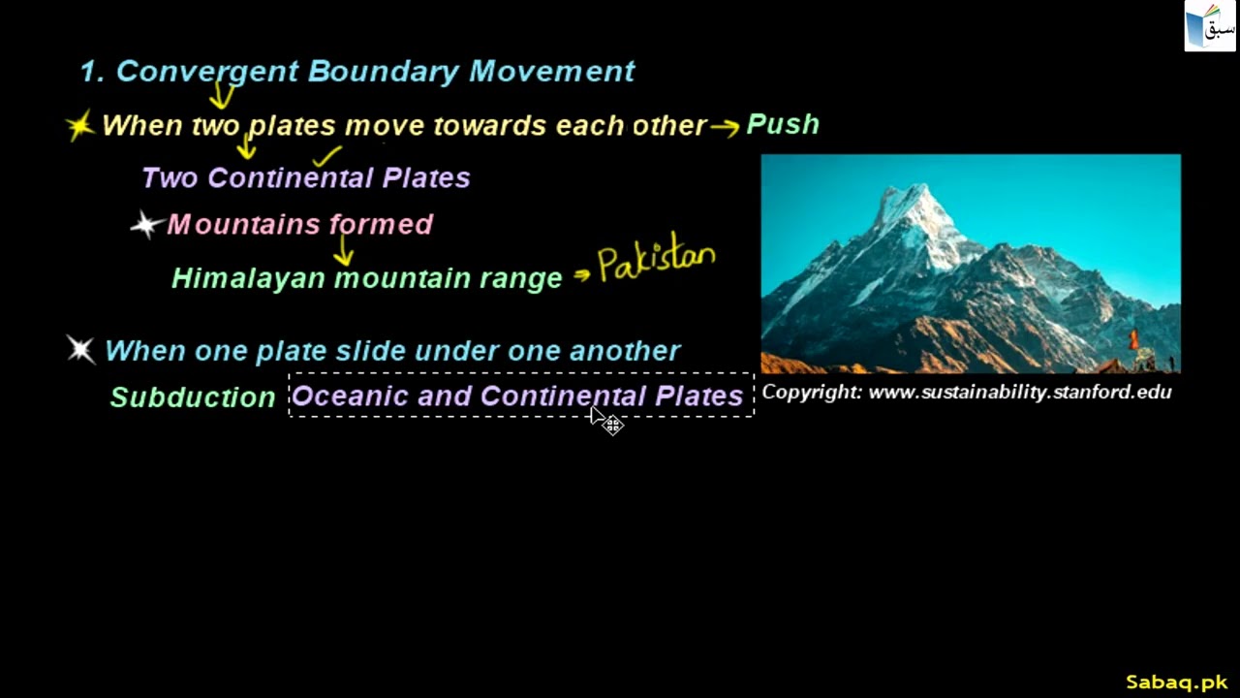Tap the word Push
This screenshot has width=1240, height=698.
[783, 124]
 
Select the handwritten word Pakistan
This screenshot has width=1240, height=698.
[657, 261]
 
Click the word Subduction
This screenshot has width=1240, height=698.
[193, 397]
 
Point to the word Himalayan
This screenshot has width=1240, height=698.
[249, 278]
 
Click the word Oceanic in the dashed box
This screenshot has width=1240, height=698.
[350, 397]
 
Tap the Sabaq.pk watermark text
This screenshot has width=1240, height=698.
[1176, 682]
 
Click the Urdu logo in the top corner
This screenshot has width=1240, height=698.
[1210, 26]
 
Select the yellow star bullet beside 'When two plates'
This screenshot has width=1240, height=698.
[80, 125]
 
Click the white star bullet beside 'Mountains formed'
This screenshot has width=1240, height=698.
[145, 226]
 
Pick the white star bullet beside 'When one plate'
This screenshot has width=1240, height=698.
[81, 349]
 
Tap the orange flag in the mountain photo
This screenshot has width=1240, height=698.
[1134, 340]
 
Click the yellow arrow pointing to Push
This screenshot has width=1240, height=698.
[724, 127]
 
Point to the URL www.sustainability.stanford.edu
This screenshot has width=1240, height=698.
[1020, 393]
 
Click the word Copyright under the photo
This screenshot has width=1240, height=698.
[811, 393]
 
